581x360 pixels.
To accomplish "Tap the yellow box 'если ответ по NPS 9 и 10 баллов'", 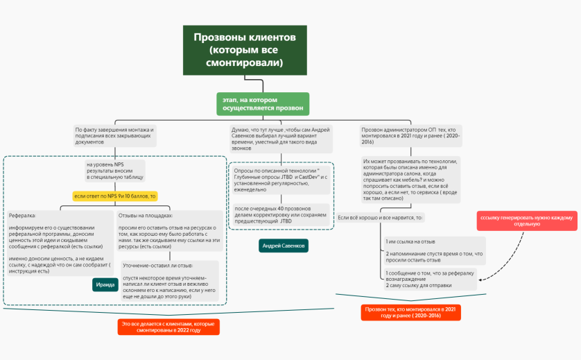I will click(115, 196).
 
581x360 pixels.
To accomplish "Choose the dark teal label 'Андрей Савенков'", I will click(284, 246).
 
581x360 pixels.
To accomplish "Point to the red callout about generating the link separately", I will click(526, 221).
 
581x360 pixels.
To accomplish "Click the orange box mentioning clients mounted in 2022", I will click(168, 327).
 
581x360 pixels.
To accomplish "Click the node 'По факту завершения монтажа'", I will click(114, 135).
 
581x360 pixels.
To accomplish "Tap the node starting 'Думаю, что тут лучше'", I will click(280, 139).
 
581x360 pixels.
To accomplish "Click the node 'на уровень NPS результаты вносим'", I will click(114, 171).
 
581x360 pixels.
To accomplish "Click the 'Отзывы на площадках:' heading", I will click(146, 216).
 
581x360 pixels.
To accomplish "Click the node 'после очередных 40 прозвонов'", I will click(281, 214).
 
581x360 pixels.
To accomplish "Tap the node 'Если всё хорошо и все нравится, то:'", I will click(380, 218).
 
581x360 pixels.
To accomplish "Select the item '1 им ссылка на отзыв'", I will click(410, 241).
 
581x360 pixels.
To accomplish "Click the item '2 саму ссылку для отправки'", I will click(419, 285).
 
